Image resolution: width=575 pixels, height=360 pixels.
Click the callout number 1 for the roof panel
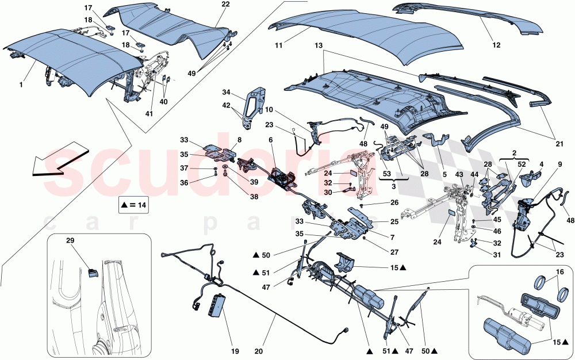[x=21, y=85]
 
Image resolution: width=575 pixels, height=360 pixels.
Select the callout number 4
[x=541, y=164]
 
